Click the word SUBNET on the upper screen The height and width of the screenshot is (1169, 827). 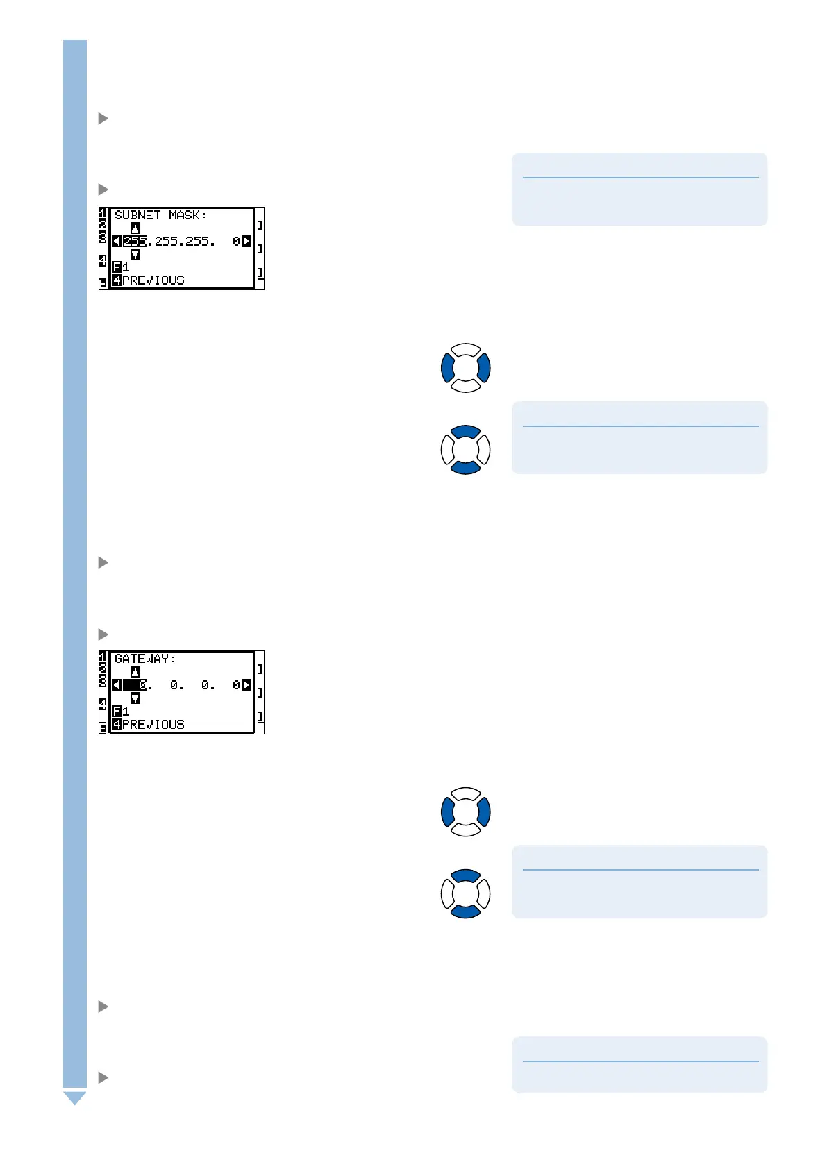(137, 215)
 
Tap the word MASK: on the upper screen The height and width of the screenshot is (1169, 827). (187, 215)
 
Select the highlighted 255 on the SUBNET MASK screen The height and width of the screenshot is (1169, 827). (135, 242)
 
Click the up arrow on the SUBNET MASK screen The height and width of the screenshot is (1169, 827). (135, 228)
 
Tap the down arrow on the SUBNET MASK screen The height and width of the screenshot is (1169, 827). (135, 255)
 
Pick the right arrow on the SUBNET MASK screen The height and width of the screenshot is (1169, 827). (247, 242)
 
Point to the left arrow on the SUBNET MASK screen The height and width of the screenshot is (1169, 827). (117, 242)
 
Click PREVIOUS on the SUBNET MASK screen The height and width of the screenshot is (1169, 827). (153, 280)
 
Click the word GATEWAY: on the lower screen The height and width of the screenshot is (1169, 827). (145, 659)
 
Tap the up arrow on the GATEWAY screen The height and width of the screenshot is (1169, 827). (135, 672)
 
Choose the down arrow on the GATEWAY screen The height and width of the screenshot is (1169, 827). (135, 698)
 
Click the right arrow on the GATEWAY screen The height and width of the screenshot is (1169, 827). (247, 685)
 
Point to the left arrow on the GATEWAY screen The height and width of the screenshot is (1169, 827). (117, 685)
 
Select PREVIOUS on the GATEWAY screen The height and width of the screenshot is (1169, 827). (153, 725)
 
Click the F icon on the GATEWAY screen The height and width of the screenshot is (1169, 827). (117, 712)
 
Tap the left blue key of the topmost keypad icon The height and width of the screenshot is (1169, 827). (448, 368)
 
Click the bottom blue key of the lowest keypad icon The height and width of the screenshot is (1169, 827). (466, 911)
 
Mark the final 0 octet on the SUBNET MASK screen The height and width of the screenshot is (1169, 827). (236, 242)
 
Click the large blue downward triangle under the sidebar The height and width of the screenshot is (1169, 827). (75, 1097)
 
